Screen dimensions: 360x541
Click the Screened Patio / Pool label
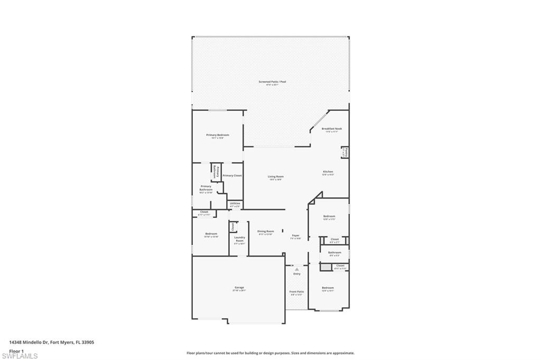point(271,82)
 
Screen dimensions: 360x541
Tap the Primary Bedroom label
point(217,135)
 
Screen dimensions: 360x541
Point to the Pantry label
point(344,153)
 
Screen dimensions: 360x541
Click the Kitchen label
point(328,172)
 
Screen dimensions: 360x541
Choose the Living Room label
point(275,177)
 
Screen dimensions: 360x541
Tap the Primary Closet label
point(232,175)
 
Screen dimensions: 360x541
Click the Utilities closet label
point(235,203)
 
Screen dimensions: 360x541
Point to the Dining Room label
point(265,231)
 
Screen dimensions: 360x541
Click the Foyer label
point(295,236)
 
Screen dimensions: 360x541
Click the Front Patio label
point(296,292)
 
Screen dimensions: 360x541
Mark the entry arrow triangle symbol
point(297,269)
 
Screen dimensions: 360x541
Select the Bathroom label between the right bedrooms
point(334,253)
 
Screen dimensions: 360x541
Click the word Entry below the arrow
point(297,274)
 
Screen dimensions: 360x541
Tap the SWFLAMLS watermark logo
point(20,356)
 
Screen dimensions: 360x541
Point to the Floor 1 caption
point(16,350)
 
